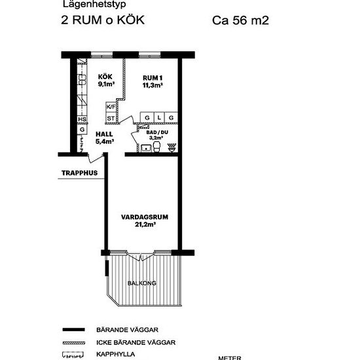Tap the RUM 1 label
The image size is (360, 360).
[153, 80]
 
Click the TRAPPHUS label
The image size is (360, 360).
[79, 173]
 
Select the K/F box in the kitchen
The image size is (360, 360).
[111, 107]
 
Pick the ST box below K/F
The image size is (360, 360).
[111, 118]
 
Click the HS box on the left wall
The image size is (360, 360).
[82, 118]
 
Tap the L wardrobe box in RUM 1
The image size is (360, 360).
[159, 118]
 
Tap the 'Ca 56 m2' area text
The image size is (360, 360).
[241, 20]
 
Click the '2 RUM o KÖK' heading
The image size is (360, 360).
[103, 20]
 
